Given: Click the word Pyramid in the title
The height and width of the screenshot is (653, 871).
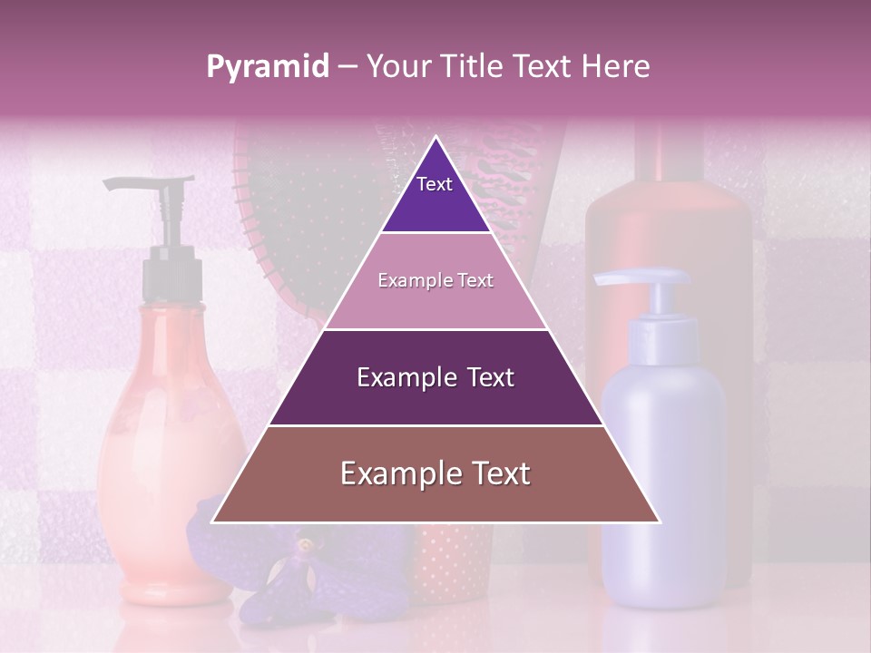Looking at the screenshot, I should pyautogui.click(x=267, y=67).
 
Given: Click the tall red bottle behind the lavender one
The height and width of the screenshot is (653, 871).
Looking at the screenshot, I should pyautogui.click(x=671, y=227).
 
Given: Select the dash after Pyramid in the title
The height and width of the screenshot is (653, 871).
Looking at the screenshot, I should pyautogui.click(x=347, y=67).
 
